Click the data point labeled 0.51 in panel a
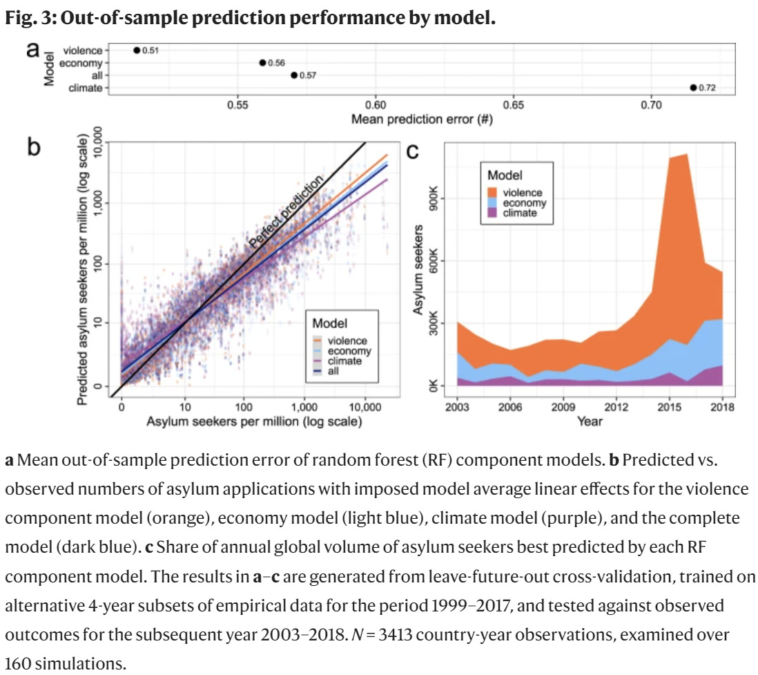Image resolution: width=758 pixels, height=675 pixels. (x=137, y=50)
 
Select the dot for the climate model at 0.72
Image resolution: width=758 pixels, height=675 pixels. (x=692, y=88)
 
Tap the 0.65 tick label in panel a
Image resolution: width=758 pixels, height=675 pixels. (x=514, y=105)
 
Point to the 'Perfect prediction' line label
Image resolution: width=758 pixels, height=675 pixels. (x=286, y=212)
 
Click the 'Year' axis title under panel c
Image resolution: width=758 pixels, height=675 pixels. (x=590, y=421)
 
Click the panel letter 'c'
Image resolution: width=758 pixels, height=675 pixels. (x=413, y=151)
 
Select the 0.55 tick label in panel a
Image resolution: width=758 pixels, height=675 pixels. (x=237, y=105)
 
